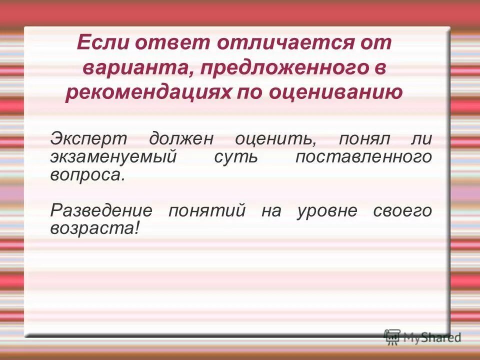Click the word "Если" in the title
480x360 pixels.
click(101, 43)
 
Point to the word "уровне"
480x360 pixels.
click(327, 210)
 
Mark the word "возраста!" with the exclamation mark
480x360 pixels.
click(94, 228)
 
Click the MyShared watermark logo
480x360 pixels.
click(423, 337)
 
